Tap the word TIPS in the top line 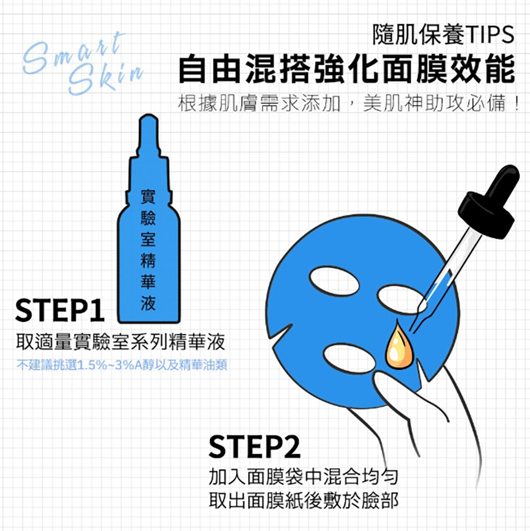(x=490, y=35)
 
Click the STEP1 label (x=59, y=311)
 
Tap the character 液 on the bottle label (x=148, y=304)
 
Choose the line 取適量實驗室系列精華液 (x=120, y=343)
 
